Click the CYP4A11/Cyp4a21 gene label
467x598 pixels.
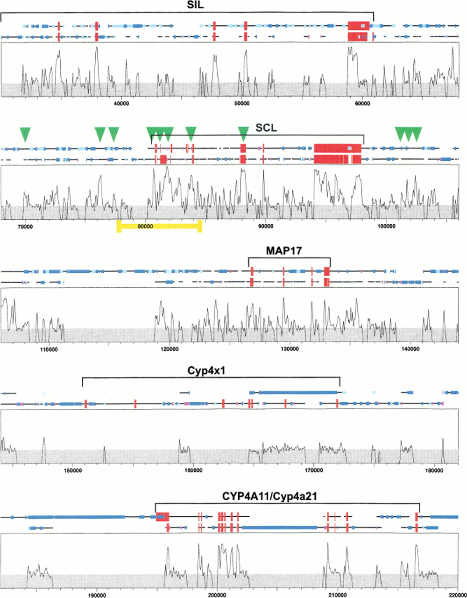point(270,497)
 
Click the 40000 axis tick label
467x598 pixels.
point(121,104)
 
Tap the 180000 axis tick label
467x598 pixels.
point(434,471)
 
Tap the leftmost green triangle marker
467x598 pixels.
point(26,135)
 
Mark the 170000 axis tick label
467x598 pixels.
point(314,471)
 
